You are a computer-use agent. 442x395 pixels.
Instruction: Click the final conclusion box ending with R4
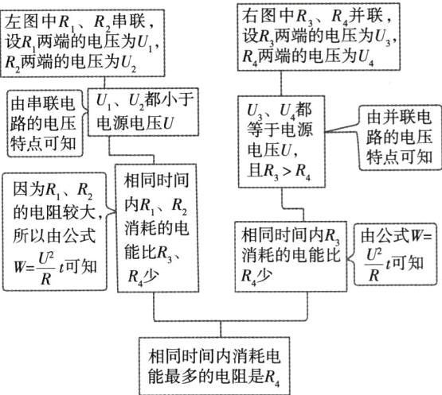(x=218, y=362)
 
